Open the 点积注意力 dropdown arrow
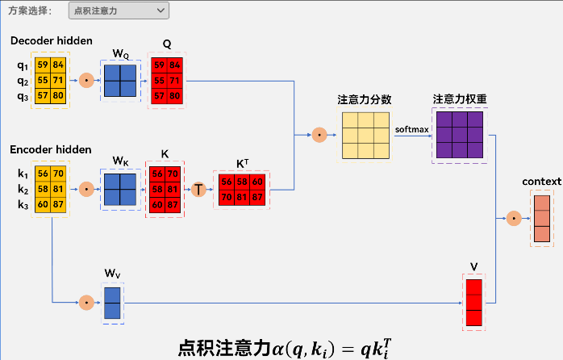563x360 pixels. coord(161,10)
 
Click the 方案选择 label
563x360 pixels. coord(30,10)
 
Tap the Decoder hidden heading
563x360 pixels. coord(52,40)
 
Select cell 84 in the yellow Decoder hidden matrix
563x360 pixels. coord(58,65)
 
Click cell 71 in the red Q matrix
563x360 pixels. coord(174,81)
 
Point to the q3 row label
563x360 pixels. coord(23,96)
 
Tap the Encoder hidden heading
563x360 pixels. coord(51,149)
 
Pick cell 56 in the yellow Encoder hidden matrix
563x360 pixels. coord(43,174)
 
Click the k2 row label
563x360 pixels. coord(23,189)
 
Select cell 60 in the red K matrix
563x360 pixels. coord(157,205)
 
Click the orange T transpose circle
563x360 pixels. coord(198,190)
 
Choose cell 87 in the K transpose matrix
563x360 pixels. coord(257,197)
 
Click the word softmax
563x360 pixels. coord(412,129)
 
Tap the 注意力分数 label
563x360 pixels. coord(364,99)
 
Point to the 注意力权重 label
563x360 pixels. coord(460,98)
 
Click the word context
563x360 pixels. coord(542,182)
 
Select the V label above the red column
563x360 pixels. coord(474,267)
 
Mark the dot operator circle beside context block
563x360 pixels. coord(514,218)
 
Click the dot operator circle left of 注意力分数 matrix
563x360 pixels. coord(319,135)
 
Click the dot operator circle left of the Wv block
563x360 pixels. coord(86,303)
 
